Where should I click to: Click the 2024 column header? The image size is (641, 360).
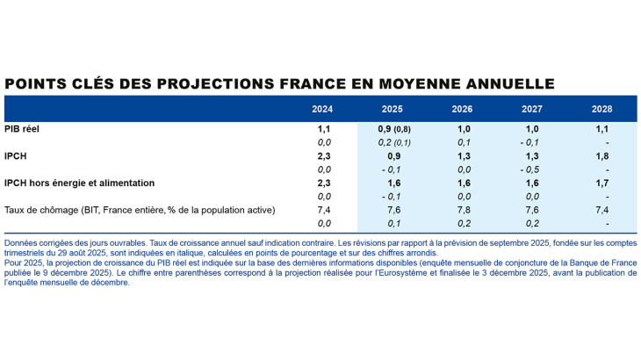click(323, 109)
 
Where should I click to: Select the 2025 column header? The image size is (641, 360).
click(393, 109)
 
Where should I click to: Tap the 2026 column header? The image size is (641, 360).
click(462, 109)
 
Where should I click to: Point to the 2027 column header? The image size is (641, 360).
click(531, 109)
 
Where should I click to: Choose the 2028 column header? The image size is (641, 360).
click(601, 109)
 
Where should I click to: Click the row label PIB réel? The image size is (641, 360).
click(25, 128)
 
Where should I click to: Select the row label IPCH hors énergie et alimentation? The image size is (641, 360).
click(79, 183)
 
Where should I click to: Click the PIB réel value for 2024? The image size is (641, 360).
click(324, 128)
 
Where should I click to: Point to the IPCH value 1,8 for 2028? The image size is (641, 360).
click(602, 155)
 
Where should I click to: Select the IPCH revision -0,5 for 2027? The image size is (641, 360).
click(530, 169)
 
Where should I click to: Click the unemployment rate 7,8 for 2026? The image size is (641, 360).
click(463, 210)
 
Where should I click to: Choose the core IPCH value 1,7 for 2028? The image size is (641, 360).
click(602, 183)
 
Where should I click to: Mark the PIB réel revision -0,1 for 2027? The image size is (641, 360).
click(530, 142)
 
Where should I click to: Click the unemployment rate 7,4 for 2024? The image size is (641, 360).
click(324, 210)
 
